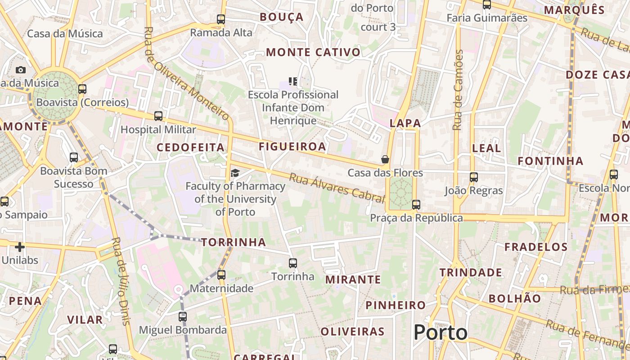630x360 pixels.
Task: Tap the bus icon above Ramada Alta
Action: [220, 19]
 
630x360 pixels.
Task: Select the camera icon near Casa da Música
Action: [21, 70]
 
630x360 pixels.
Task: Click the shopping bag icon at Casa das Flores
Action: [385, 159]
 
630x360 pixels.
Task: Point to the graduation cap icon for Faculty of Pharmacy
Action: [235, 173]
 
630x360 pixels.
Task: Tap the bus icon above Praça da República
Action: [416, 205]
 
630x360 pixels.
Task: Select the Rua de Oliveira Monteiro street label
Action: [186, 73]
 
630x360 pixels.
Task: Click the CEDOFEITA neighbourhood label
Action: [190, 147]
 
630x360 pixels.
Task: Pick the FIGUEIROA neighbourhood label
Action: [292, 146]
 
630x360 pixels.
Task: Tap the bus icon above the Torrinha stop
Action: [293, 263]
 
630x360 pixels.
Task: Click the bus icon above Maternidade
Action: [221, 274]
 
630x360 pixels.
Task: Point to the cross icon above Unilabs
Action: [20, 247]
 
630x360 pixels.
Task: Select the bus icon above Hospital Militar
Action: [158, 116]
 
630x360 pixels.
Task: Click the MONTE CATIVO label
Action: [313, 52]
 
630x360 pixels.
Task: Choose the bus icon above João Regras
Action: [473, 177]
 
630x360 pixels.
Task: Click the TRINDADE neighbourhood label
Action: [471, 272]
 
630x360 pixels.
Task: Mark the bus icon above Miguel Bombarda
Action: [182, 317]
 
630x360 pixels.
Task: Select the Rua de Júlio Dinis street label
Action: [120, 281]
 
